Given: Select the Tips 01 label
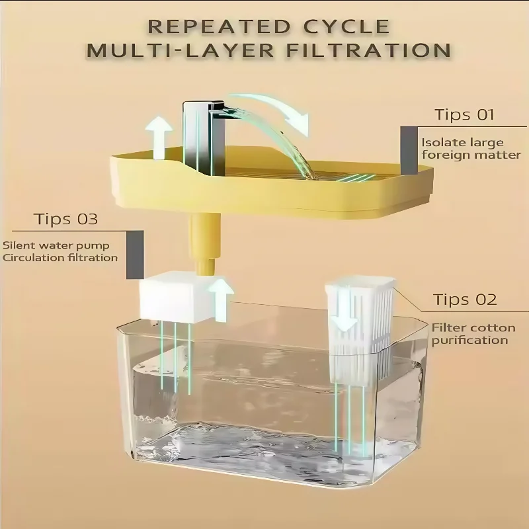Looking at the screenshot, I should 464,114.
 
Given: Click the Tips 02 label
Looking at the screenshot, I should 465,300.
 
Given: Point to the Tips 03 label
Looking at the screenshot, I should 65,219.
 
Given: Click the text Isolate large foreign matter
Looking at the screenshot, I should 471,149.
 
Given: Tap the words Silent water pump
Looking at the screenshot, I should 56,245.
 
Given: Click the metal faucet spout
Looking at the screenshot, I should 198,132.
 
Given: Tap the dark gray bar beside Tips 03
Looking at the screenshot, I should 134,255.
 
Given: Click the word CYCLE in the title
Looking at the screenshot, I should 347,26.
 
